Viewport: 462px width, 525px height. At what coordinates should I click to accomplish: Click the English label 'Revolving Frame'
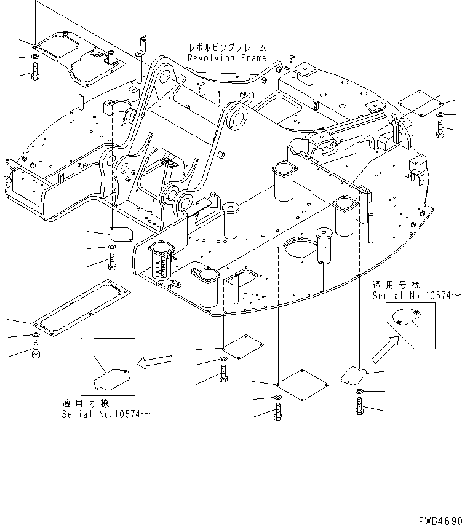point(227,58)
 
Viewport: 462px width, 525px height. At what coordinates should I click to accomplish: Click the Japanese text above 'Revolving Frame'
point(228,47)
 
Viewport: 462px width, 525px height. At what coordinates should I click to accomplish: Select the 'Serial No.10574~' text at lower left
point(105,414)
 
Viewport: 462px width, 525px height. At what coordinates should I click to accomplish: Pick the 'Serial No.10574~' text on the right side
point(416,296)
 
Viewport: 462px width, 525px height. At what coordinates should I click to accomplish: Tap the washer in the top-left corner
point(34,57)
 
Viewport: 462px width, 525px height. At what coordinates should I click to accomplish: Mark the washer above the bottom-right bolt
point(359,392)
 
